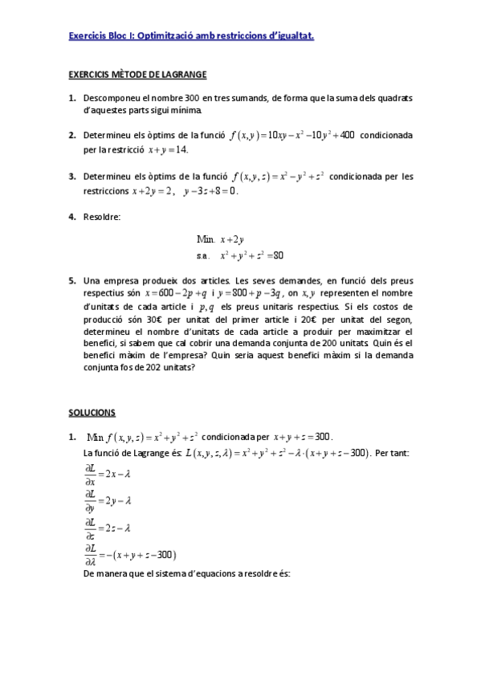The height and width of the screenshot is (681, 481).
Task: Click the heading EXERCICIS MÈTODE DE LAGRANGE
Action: coord(137,75)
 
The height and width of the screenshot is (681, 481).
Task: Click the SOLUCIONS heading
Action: coord(92,412)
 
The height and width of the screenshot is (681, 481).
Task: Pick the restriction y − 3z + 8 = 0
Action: coord(210,191)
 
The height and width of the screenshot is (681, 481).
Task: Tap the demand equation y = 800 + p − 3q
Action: coord(248,293)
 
